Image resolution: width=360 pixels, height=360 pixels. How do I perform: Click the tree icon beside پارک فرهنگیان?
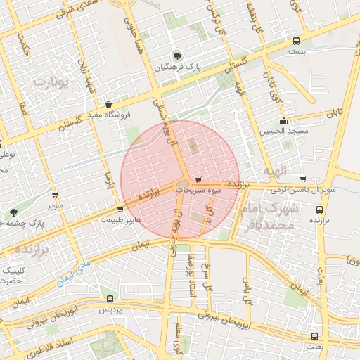pyautogui.click(x=176, y=56)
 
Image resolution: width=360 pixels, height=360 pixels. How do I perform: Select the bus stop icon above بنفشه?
pyautogui.click(x=296, y=41)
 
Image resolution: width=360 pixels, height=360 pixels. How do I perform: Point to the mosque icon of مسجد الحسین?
pyautogui.click(x=283, y=120)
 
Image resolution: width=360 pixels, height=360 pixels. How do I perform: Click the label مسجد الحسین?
pyautogui.click(x=283, y=131)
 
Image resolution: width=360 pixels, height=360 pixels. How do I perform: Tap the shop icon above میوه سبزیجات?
pyautogui.click(x=199, y=179)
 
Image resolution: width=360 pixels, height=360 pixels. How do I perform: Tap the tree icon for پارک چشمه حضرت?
pyautogui.click(x=13, y=212)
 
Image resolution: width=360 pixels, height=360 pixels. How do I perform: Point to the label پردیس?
pyautogui.click(x=109, y=310)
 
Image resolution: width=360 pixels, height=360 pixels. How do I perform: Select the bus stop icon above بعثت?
pyautogui.click(x=314, y=336)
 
